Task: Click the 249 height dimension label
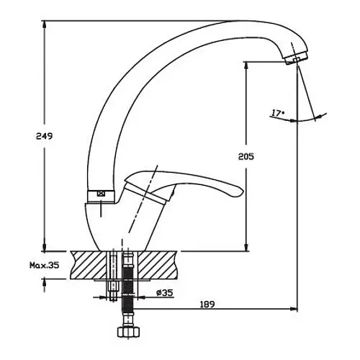pos(44,136)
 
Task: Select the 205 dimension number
pos(246,156)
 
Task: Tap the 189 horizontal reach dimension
pos(207,305)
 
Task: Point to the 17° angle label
pos(278,112)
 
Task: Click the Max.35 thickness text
pos(44,265)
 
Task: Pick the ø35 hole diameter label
pos(164,292)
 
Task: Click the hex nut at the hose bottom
pos(128,332)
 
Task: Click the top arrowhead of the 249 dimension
pos(44,24)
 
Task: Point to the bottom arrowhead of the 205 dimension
pos(246,247)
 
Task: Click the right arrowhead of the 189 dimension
pos(294,309)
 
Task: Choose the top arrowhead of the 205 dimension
pos(246,66)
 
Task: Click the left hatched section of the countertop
pos(89,265)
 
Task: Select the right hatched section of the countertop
pos(158,265)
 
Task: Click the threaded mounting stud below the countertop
pos(112,276)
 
